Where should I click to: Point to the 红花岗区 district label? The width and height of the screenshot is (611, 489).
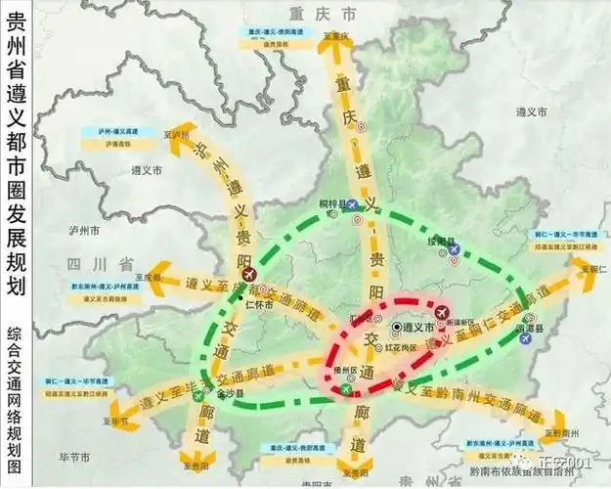tap(404, 347)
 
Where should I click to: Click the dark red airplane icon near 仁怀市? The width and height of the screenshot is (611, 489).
tap(257, 274)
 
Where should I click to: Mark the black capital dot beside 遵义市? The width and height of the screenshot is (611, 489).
tap(396, 328)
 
